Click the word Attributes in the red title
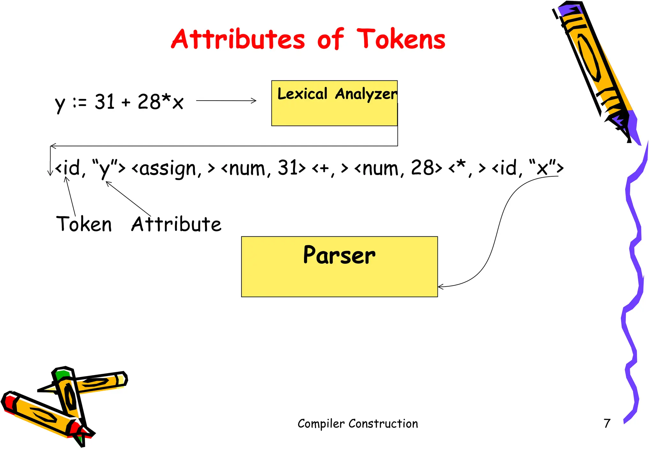(238, 39)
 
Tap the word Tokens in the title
(401, 39)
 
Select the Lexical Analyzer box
(334, 103)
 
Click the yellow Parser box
(339, 267)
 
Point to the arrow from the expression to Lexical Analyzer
(226, 101)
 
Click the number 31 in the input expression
(104, 102)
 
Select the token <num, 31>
(263, 168)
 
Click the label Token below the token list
(84, 224)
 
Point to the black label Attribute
(176, 224)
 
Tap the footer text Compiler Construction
(358, 424)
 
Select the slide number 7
(607, 424)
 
